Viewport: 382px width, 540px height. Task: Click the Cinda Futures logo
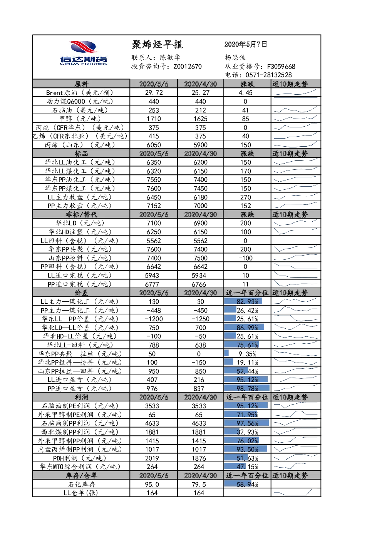[83, 53]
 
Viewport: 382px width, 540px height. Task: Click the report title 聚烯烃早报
[157, 45]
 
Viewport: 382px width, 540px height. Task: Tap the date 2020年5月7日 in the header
[246, 44]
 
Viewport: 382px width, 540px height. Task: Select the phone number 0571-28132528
[268, 75]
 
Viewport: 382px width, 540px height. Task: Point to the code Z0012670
[188, 67]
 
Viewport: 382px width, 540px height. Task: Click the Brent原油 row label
[80, 93]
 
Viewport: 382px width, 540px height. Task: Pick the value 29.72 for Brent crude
[154, 93]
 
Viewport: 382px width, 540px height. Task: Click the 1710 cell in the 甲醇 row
[154, 119]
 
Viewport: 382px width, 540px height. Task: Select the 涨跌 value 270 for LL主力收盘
[246, 197]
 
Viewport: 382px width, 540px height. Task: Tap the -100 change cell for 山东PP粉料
[246, 258]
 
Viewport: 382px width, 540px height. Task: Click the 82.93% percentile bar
[243, 301]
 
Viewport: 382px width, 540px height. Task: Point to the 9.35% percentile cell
[247, 354]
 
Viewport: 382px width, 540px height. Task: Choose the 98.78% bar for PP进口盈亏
[247, 388]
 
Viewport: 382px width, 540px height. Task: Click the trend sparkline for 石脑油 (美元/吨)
[296, 110]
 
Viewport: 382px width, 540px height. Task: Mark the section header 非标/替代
[82, 214]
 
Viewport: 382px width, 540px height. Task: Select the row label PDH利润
[80, 458]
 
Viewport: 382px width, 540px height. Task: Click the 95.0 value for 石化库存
[152, 484]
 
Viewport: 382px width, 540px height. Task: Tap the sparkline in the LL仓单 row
[296, 492]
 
